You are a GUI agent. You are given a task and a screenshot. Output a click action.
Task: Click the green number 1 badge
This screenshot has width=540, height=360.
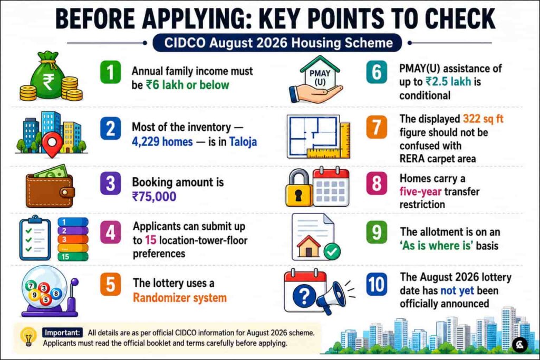point(110,72)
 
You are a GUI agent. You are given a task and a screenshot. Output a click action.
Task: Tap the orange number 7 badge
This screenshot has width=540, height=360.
point(377,127)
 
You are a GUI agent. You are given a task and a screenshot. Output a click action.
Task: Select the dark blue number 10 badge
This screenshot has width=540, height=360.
point(377,284)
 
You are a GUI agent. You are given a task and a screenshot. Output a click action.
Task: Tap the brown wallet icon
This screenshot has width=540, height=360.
point(50,189)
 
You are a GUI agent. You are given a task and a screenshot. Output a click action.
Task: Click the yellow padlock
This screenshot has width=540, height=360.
point(298,188)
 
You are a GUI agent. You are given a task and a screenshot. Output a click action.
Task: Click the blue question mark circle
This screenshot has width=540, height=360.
point(304,296)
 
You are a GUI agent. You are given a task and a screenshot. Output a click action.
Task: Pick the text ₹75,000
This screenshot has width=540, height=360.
point(155,197)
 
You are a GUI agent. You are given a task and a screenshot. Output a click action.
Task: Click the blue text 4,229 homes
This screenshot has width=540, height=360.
point(162,141)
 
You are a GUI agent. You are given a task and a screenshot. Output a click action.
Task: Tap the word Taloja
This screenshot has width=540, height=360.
point(243,141)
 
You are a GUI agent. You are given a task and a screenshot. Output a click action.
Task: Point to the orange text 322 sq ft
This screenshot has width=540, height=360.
point(483,119)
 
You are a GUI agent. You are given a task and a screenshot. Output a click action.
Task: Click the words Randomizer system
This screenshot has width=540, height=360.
point(180,298)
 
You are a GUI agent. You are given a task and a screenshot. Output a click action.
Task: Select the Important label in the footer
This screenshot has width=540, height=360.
point(63,333)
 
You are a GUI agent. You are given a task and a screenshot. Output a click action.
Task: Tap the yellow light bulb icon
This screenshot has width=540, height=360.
point(28,336)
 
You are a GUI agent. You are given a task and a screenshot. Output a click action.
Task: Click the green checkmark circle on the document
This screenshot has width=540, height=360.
point(332,252)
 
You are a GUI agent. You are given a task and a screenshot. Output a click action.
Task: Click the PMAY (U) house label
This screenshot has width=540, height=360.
point(320,78)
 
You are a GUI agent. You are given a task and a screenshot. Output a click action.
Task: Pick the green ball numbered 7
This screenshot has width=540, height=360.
point(31,285)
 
